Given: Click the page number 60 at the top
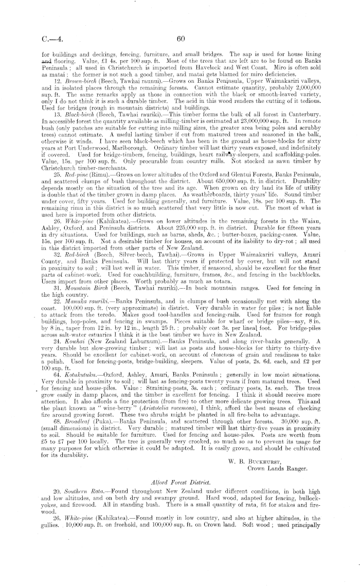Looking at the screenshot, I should tap(180, 38).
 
